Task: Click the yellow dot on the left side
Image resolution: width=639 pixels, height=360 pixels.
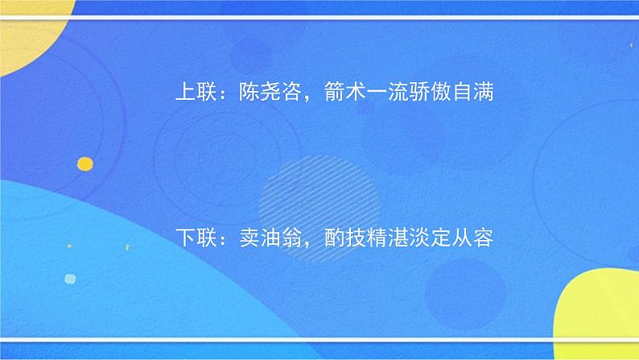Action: point(85,164)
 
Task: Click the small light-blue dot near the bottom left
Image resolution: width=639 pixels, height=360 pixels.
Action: point(70,279)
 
